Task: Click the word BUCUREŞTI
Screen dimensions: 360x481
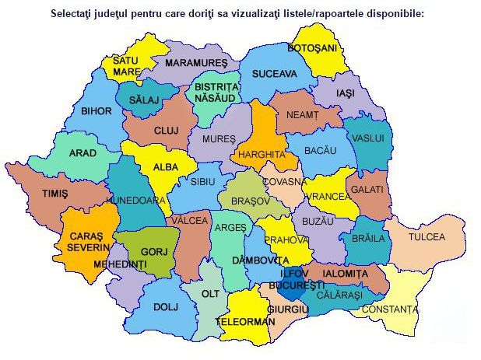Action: [x=297, y=285]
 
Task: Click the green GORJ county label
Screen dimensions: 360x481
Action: [x=149, y=252]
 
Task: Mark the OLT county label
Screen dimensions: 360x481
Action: [x=210, y=295]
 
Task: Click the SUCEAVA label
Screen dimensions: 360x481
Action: [x=274, y=74]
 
